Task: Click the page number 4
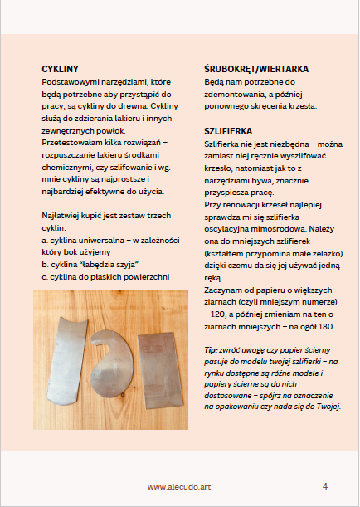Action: pos(325,485)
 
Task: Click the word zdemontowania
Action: pos(235,95)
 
